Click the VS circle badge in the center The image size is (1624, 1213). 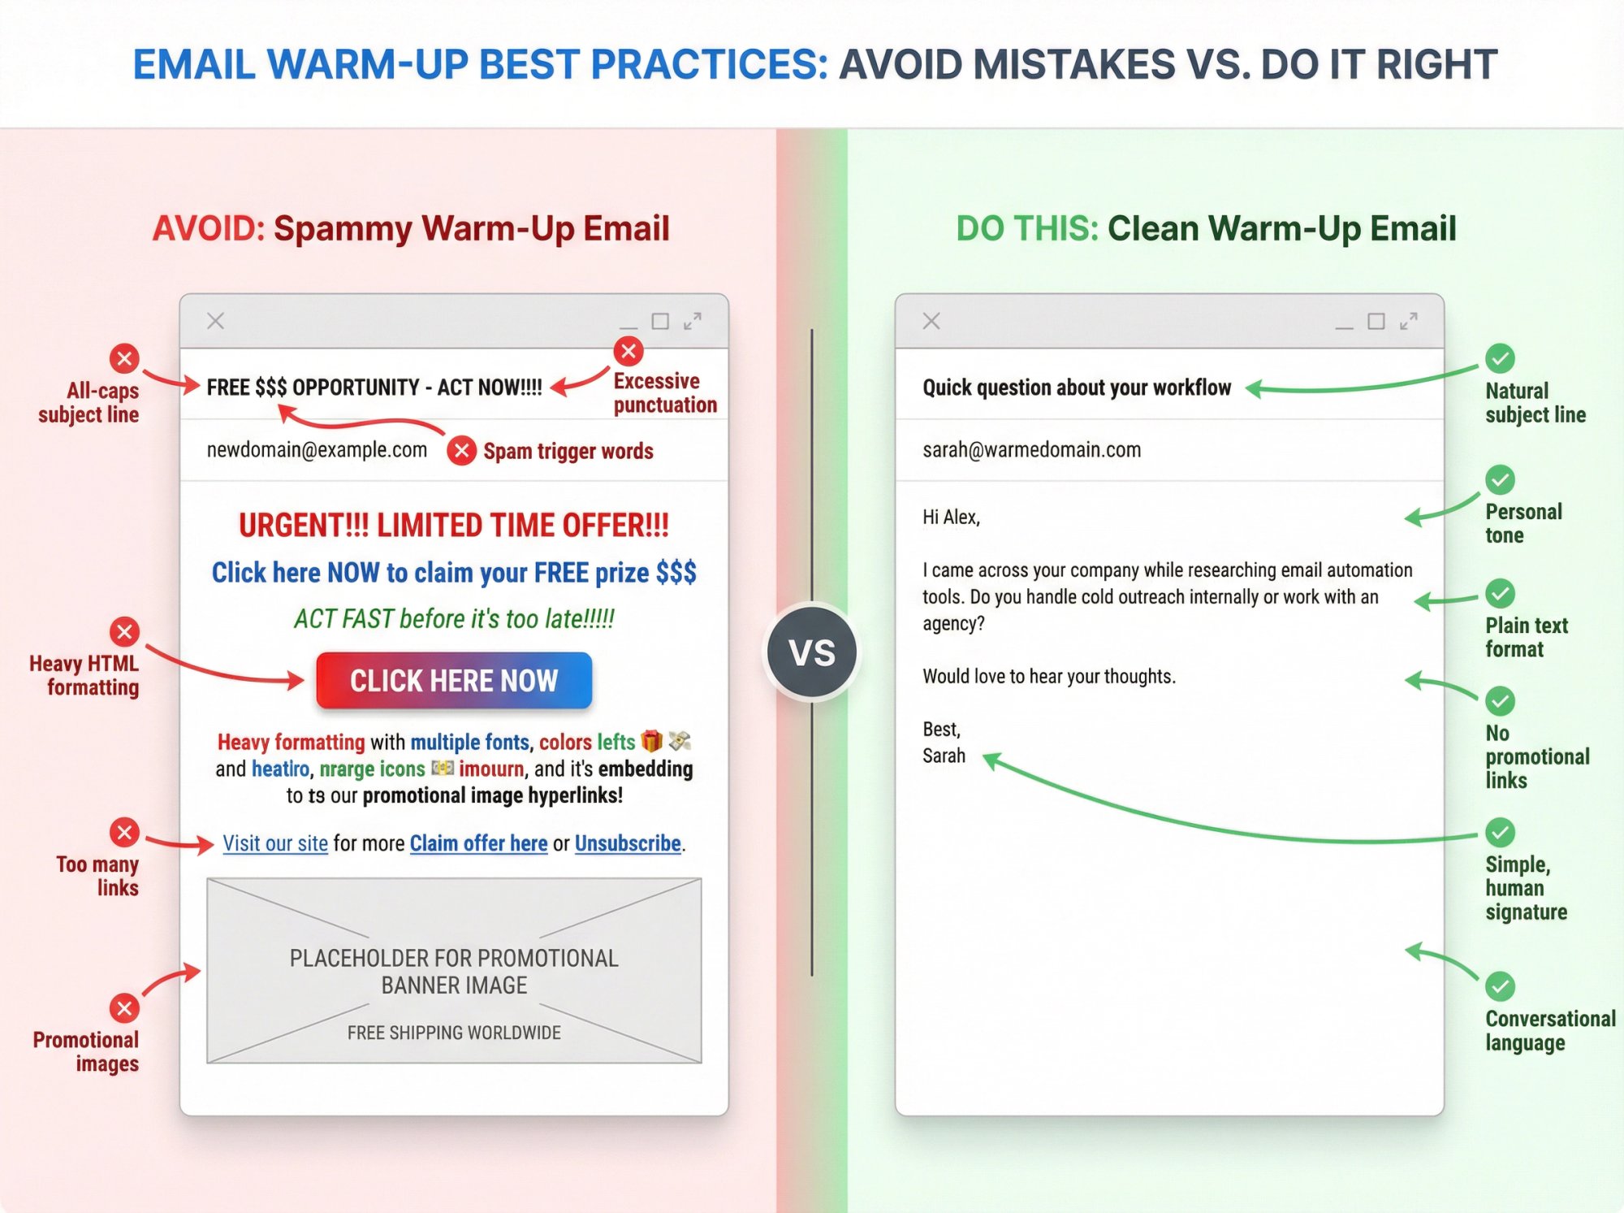point(812,652)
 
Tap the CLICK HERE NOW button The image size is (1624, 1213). point(454,681)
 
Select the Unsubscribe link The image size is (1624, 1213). point(628,843)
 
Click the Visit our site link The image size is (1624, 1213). point(275,843)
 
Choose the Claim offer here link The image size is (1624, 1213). point(478,843)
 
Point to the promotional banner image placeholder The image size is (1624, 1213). point(454,970)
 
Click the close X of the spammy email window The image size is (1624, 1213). point(215,321)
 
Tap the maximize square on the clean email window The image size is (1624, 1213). point(1376,322)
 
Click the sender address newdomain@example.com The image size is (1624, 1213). point(317,450)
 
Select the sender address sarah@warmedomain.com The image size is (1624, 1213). point(1031,450)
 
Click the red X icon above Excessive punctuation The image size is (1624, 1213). point(628,351)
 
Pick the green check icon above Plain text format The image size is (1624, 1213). point(1500,593)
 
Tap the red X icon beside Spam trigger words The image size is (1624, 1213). point(461,450)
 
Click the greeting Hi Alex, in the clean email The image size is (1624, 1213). point(951,518)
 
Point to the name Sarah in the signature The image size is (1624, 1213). point(944,756)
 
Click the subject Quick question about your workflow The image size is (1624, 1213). point(1077,388)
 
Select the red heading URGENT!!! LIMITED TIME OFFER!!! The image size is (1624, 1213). point(454,526)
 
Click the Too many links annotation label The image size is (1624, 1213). point(98,876)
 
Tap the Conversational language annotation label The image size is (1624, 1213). point(1549,1030)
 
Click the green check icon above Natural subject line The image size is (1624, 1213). point(1500,357)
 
